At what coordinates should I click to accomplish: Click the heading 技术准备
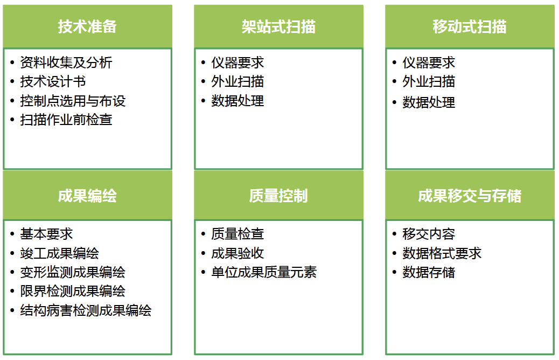tap(87, 27)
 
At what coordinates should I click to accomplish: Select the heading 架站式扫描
tap(278, 27)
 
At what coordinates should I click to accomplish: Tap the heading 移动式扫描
tap(470, 27)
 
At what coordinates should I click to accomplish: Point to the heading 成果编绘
tap(87, 196)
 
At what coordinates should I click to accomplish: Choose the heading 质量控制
tap(278, 196)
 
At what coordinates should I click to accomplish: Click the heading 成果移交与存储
tap(470, 196)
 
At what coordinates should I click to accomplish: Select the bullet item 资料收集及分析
tap(66, 63)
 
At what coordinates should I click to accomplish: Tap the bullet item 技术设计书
tap(53, 81)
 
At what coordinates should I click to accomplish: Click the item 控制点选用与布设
tap(73, 101)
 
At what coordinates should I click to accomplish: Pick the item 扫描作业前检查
tap(66, 120)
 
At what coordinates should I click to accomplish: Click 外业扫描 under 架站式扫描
tap(237, 81)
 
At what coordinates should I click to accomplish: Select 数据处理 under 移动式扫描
tap(429, 102)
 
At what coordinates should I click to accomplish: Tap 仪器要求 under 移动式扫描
tap(429, 63)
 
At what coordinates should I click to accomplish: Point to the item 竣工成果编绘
tap(60, 253)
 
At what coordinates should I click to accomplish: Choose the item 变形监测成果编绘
tap(73, 272)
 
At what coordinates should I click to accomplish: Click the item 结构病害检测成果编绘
tap(86, 310)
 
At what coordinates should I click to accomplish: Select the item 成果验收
tap(237, 253)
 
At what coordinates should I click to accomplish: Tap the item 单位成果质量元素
tap(264, 272)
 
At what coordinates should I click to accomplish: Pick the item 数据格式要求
tap(442, 253)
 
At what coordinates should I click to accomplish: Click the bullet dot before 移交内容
tap(394, 234)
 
